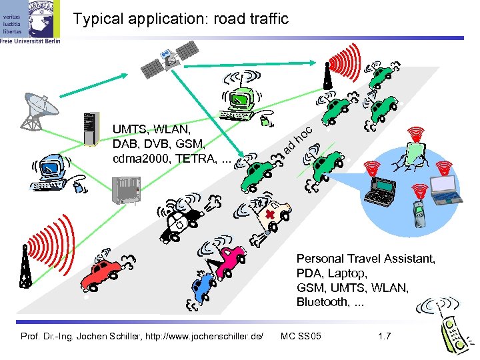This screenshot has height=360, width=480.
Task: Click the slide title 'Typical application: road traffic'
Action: click(181, 19)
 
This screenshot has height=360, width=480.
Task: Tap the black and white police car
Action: click(183, 220)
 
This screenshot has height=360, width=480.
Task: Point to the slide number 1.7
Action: click(384, 335)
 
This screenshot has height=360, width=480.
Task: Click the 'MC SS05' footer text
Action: click(301, 335)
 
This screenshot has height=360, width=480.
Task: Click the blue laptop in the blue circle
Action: click(445, 188)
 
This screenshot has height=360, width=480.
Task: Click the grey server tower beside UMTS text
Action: click(89, 128)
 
